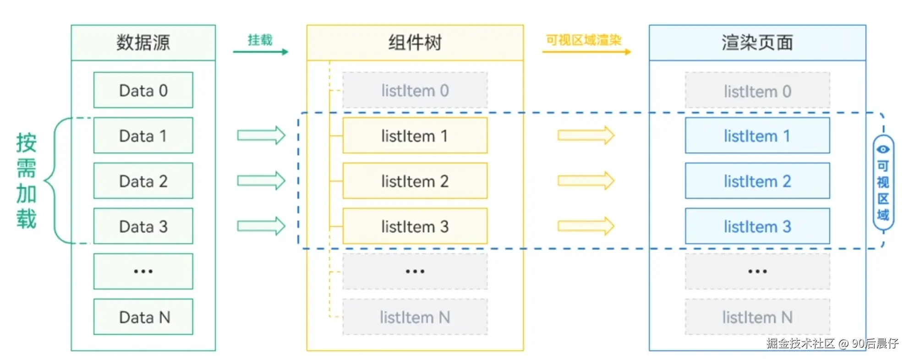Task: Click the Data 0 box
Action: tap(143, 90)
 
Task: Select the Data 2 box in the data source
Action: tap(143, 181)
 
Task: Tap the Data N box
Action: tap(143, 317)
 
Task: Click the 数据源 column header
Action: tap(143, 43)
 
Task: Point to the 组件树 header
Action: tap(415, 43)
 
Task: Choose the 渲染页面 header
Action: tap(757, 43)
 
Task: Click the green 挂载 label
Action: tap(260, 40)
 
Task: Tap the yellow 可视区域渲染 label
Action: tap(583, 40)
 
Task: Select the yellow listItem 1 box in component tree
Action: tap(415, 136)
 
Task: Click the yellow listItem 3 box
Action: tap(415, 226)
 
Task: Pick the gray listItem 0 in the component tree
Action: tap(415, 90)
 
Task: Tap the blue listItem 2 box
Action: tap(757, 181)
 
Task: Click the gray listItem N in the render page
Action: tap(757, 317)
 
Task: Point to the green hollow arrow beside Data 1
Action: tap(261, 136)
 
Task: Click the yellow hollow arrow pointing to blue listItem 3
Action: tap(586, 226)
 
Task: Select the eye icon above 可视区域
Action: tap(883, 149)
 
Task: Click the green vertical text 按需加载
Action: tap(26, 181)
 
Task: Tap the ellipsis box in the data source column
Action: tap(143, 272)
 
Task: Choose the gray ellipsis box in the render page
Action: tap(757, 272)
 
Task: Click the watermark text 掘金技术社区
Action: tap(800, 344)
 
